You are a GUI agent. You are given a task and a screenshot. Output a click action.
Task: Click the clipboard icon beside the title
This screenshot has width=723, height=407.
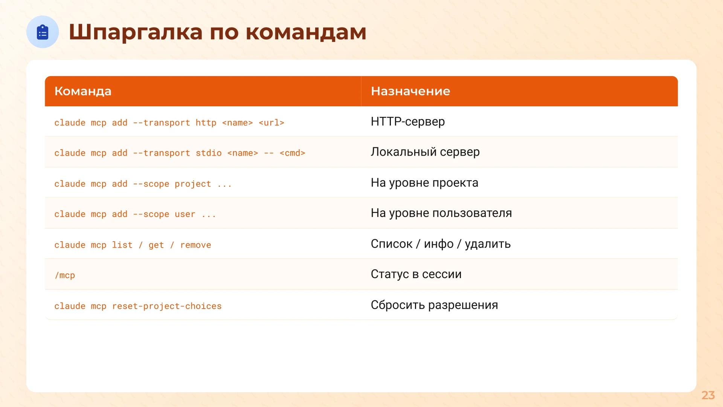point(43,32)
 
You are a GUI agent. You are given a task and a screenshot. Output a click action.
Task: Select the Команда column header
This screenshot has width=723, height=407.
point(83,91)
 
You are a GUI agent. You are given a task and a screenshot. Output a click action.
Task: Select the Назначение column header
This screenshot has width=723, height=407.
point(410,91)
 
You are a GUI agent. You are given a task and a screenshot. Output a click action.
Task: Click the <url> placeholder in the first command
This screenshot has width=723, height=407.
point(271,123)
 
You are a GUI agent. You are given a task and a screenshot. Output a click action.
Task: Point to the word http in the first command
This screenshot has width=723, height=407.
point(206,123)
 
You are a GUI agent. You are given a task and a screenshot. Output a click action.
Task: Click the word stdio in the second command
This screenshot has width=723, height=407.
point(209,153)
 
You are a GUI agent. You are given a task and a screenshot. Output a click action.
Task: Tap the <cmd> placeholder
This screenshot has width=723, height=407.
point(292,153)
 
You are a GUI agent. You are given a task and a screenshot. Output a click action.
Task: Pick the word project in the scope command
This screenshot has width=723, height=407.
point(193,184)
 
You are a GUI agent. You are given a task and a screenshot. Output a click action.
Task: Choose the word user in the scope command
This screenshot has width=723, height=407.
point(185,214)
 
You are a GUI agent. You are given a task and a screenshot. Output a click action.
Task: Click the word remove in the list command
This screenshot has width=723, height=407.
point(195,245)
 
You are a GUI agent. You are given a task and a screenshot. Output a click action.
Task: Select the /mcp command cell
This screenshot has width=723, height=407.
point(65,275)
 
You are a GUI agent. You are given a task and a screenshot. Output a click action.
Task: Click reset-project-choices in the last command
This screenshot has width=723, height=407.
point(167,306)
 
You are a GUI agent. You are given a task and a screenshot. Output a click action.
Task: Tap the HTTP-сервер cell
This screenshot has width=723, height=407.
point(408,122)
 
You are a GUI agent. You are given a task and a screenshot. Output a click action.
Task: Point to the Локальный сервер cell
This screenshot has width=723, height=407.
point(425,152)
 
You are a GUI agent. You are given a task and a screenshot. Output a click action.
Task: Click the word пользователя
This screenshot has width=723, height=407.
point(472,213)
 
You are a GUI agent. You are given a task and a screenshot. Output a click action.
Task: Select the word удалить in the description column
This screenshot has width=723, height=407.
point(488,244)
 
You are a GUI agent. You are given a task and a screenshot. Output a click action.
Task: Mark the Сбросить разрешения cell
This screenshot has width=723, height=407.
point(434,305)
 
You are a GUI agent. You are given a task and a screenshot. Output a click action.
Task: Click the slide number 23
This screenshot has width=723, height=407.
point(708,395)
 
